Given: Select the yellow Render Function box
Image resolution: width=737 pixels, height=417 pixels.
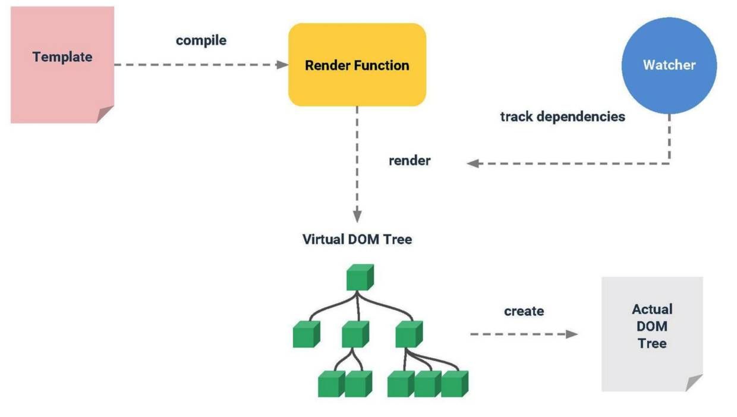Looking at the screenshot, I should [x=357, y=65].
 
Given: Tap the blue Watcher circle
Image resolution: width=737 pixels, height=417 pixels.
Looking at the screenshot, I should [x=669, y=65].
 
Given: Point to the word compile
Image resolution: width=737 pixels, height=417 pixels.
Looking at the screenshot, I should [x=201, y=41].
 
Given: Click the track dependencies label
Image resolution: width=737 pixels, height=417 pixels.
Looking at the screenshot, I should [x=562, y=117].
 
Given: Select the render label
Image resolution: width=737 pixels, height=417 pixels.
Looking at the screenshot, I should [x=410, y=161].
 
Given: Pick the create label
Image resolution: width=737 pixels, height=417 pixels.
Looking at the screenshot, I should [x=524, y=311].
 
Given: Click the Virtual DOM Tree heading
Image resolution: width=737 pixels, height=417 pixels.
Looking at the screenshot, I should [x=357, y=240].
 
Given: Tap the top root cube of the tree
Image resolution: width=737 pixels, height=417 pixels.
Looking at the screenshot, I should [x=360, y=277].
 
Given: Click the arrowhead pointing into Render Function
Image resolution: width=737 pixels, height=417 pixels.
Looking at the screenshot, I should [x=282, y=64].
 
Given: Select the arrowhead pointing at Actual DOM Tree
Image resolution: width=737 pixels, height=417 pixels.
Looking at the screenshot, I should [x=571, y=334].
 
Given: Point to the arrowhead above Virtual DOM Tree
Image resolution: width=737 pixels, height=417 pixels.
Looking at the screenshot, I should [x=357, y=215].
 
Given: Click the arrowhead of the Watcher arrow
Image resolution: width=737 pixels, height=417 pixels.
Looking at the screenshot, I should [x=473, y=163].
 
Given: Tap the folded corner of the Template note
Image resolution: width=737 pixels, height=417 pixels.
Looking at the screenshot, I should [x=105, y=114].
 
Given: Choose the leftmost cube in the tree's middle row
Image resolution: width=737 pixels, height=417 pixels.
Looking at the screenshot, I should [x=306, y=334].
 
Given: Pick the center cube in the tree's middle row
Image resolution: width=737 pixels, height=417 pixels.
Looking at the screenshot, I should [x=355, y=334].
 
